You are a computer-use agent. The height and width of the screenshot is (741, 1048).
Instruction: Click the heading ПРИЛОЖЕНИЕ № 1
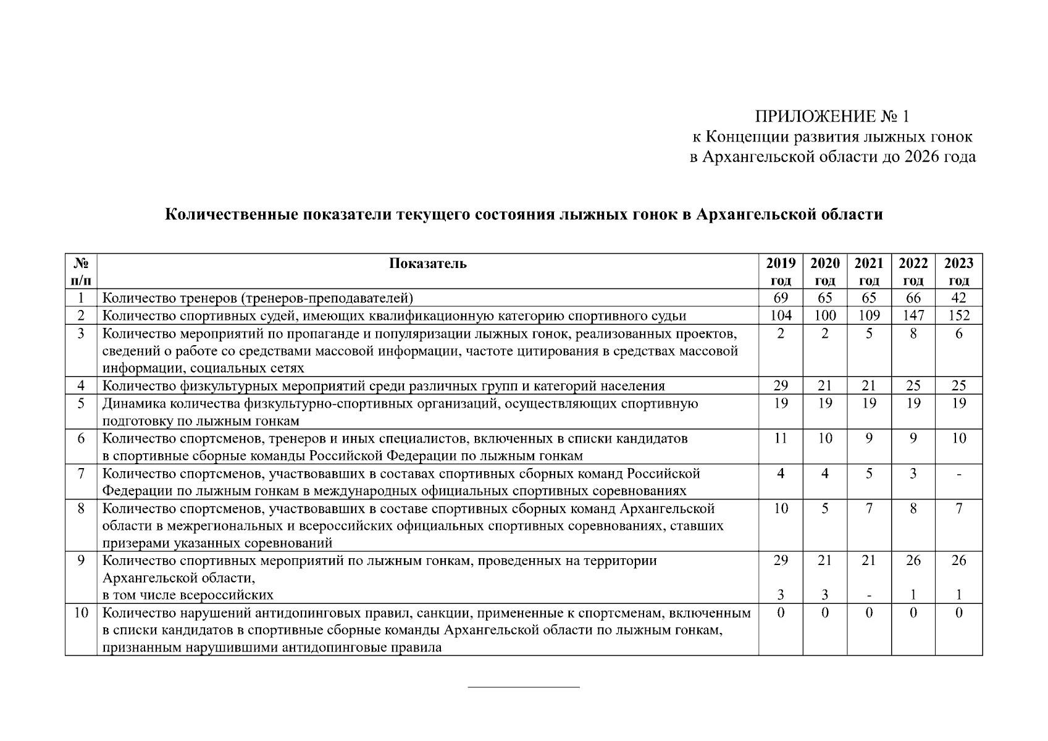[832, 117]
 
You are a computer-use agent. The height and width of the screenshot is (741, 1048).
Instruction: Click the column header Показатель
[428, 264]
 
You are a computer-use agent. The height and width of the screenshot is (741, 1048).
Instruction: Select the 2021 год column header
[869, 272]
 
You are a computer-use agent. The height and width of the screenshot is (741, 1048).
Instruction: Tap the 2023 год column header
[958, 272]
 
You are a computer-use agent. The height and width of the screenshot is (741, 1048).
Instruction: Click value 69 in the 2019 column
[781, 298]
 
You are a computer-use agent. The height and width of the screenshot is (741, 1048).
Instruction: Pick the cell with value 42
[958, 298]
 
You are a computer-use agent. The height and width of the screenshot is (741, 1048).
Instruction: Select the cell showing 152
[958, 316]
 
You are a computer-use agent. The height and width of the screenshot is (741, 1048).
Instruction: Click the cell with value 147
[913, 316]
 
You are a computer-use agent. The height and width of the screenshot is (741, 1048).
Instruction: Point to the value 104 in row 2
[781, 316]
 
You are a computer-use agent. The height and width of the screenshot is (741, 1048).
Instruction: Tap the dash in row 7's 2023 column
[958, 474]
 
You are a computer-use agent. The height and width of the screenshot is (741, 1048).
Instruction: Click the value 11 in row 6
[781, 439]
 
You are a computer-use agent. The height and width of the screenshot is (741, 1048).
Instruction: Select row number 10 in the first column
[81, 613]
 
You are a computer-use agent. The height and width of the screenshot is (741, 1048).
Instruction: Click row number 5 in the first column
[81, 404]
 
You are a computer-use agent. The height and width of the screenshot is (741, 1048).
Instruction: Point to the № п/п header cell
[81, 272]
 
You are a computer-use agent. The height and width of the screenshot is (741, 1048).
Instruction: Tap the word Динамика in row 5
[130, 404]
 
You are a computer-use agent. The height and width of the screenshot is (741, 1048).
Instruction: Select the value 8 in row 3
[913, 333]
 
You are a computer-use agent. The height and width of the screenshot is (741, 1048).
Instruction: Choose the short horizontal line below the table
[524, 687]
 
